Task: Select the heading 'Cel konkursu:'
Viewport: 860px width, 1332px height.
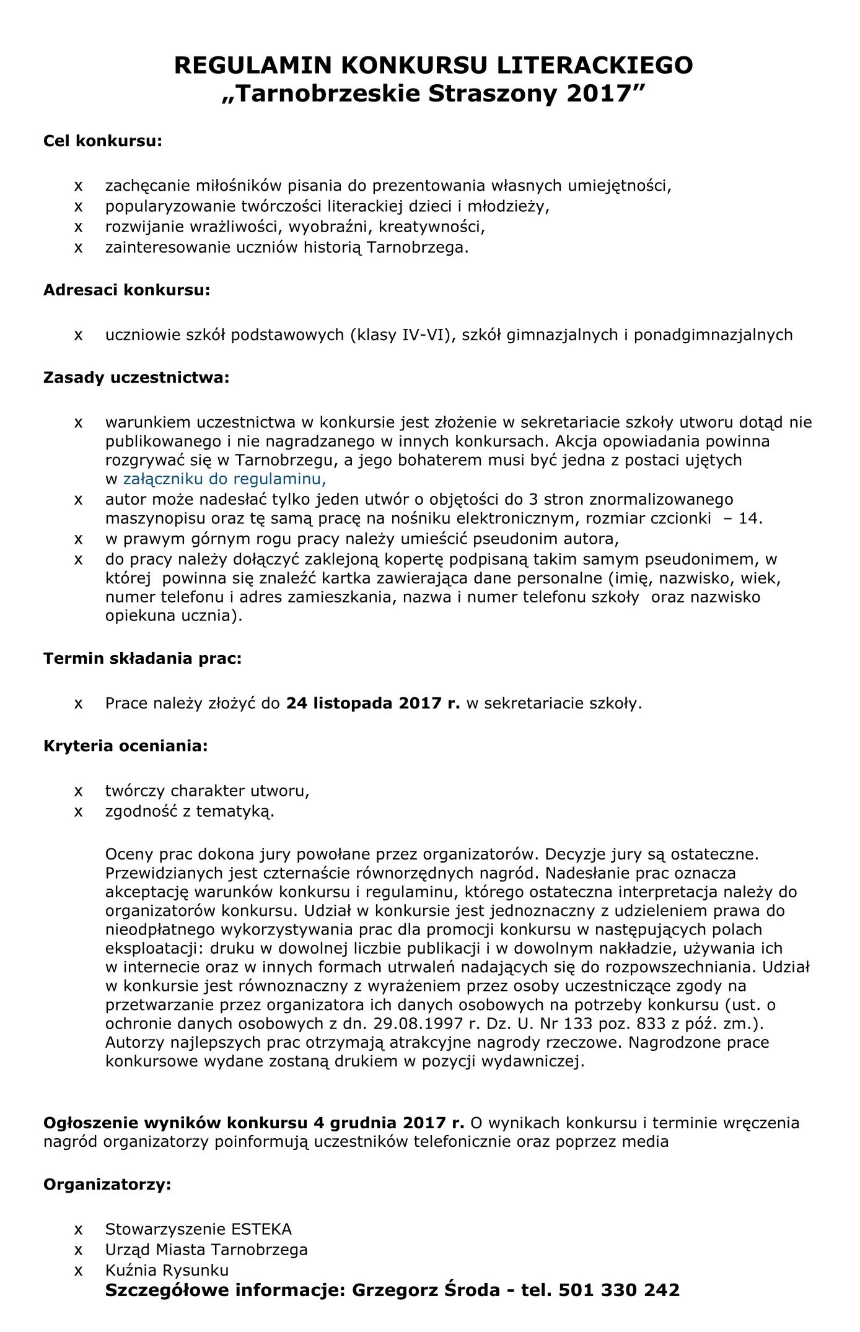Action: (x=103, y=141)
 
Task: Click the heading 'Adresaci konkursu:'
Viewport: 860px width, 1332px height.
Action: (x=126, y=290)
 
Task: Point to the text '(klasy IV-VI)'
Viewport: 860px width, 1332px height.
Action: (x=399, y=335)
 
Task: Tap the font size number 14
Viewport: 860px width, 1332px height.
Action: (x=750, y=518)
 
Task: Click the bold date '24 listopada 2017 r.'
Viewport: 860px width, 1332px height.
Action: (x=373, y=703)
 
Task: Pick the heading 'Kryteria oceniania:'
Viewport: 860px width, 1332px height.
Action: (x=126, y=746)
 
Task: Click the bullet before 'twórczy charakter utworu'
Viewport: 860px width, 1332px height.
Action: (x=78, y=791)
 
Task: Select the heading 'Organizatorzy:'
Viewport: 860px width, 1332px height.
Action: (x=107, y=1185)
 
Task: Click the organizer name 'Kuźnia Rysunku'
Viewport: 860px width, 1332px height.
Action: (x=167, y=1270)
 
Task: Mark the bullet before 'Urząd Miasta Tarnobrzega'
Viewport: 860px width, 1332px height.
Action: (x=78, y=1250)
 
